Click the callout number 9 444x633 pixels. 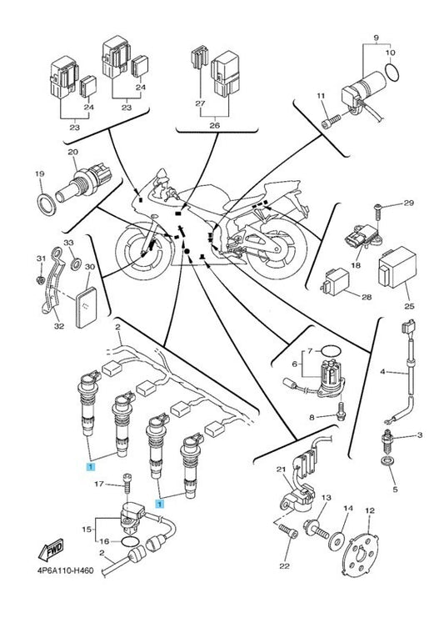click(376, 38)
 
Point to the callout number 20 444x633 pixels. click(72, 153)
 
